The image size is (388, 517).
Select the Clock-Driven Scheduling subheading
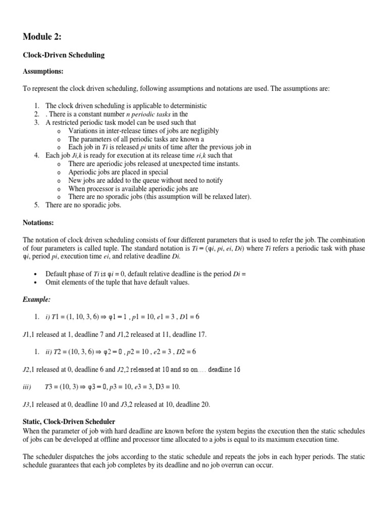pyautogui.click(x=64, y=55)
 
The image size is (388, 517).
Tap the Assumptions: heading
pyautogui.click(x=43, y=72)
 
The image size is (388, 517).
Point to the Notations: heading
pyautogui.click(x=39, y=222)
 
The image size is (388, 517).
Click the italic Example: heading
pyautogui.click(x=37, y=299)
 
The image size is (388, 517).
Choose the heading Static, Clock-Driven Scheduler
pyautogui.click(x=69, y=421)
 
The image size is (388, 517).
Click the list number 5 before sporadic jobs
pyautogui.click(x=37, y=205)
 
